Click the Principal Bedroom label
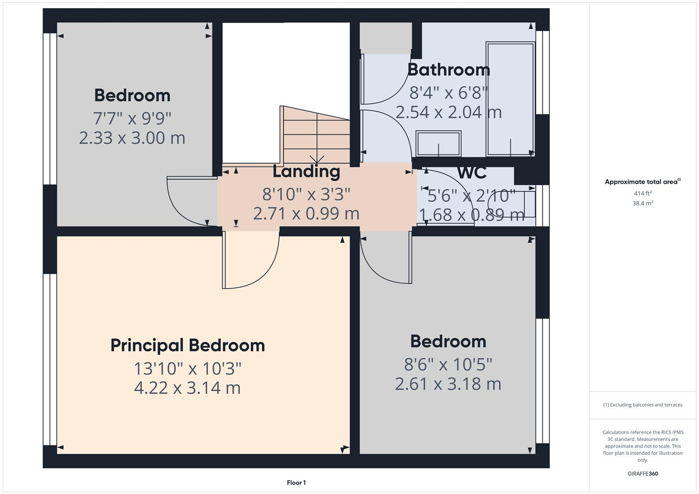[188, 345]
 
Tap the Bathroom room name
[449, 70]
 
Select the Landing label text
[306, 172]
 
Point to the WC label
[471, 173]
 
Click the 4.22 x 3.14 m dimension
[187, 388]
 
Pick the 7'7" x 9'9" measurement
[132, 118]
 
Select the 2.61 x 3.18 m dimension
[448, 384]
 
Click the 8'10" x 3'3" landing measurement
[306, 194]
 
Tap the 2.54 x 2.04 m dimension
[449, 112]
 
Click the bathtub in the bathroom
[510, 99]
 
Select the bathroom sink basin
[438, 144]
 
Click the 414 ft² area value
[643, 193]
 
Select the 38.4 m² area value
[643, 204]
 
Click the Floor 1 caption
[296, 483]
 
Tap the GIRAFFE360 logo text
[643, 473]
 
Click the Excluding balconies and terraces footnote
[643, 405]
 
